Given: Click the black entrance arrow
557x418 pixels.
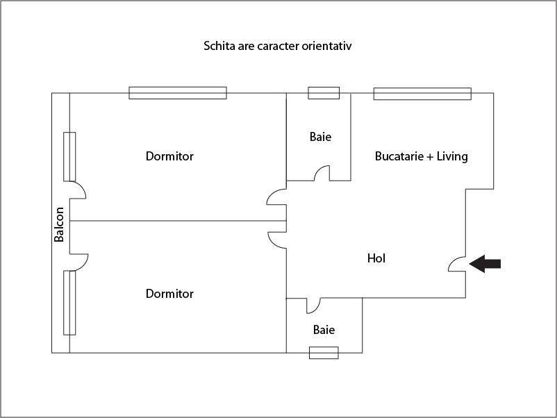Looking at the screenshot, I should [485, 263].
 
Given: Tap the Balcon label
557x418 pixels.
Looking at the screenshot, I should [60, 225].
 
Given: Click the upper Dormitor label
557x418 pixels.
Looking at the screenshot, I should [169, 156].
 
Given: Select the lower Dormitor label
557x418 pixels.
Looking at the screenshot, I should [169, 294].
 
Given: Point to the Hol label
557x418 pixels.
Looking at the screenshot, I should [376, 258].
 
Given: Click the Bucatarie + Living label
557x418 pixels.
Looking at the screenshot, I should [422, 156].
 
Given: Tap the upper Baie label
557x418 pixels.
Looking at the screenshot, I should [320, 137].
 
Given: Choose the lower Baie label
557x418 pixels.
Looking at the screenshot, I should [324, 330].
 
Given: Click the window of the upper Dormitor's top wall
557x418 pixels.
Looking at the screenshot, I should [178, 93].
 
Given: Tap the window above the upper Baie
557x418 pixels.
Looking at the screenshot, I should [324, 93].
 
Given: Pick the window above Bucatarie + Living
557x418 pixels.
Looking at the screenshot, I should [422, 93].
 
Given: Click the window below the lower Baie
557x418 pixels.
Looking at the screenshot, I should [324, 353].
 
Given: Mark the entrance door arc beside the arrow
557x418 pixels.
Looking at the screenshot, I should [457, 263].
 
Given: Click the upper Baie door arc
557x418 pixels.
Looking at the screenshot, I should [322, 174].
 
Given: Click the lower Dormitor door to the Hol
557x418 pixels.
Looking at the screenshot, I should [276, 240].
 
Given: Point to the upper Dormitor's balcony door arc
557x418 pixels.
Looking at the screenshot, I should [78, 190].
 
